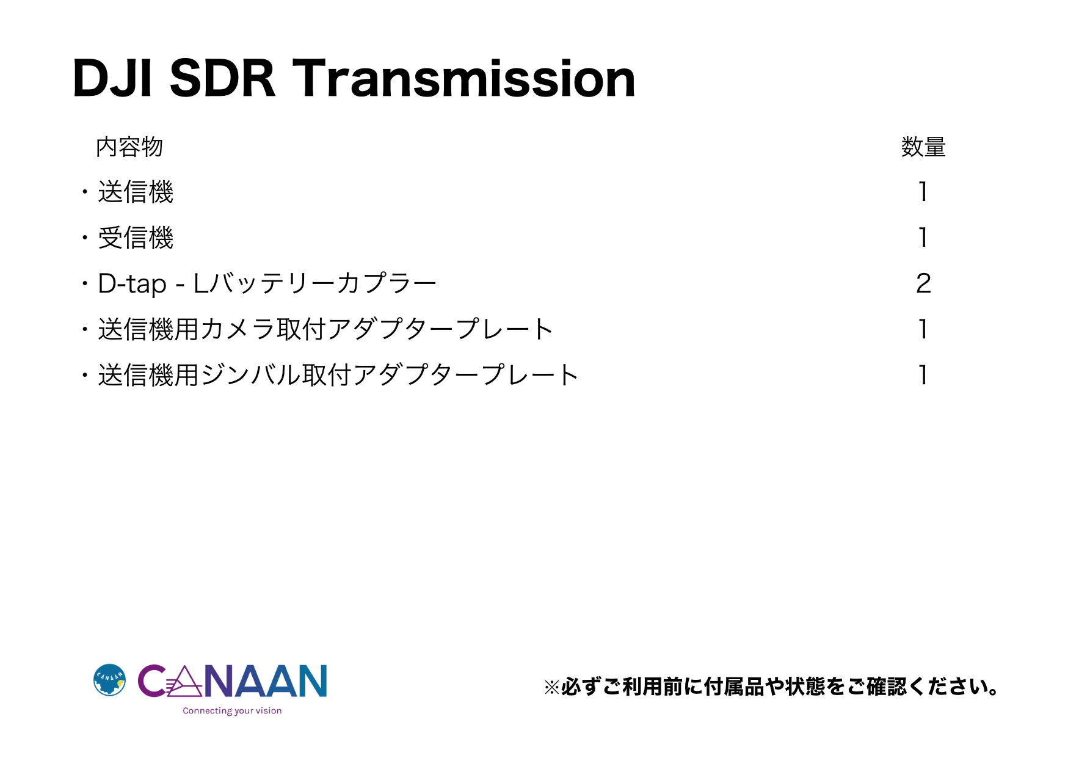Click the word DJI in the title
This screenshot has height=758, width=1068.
pos(112,78)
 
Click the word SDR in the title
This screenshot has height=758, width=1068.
pos(222,78)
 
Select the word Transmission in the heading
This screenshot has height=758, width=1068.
pos(464,78)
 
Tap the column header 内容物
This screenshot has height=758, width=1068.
pos(129,147)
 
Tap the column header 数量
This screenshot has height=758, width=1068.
pos(923,147)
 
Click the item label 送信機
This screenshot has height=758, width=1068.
pos(136,192)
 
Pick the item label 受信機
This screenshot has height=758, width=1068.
pos(136,238)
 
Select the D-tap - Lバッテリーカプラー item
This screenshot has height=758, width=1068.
pos(267,283)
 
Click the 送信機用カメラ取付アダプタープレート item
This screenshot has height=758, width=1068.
pos(325,329)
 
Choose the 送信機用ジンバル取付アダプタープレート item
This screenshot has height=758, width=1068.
pos(338,375)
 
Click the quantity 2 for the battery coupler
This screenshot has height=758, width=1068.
pos(923,283)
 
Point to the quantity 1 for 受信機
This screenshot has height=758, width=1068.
pos(923,238)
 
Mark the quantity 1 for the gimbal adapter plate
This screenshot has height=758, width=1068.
pos(923,375)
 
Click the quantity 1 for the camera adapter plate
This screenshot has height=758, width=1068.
pos(923,329)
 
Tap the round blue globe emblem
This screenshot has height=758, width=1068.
pos(109,680)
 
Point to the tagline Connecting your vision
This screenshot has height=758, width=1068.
pos(232,711)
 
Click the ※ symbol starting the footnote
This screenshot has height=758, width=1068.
pos(552,688)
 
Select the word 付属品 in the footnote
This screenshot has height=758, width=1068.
pos(733,687)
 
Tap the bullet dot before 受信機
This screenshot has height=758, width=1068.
pos(85,238)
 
